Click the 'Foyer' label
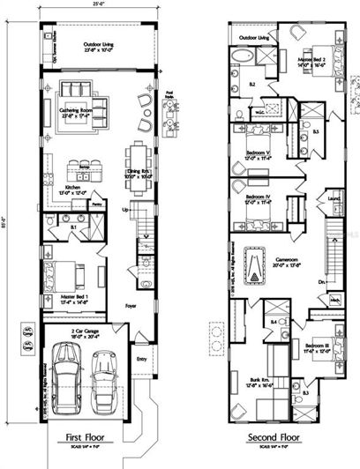[131, 307]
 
